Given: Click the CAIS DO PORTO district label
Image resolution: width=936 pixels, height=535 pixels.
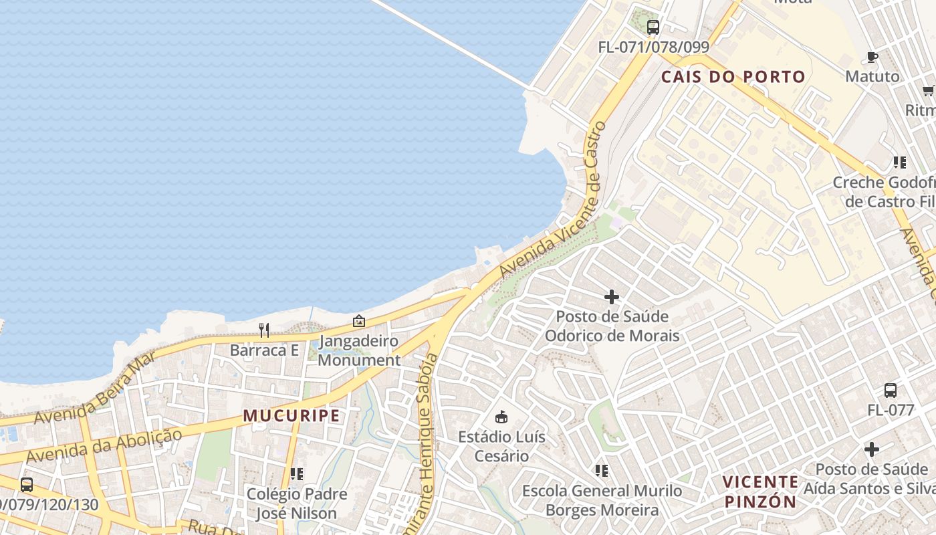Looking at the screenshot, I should [x=733, y=77].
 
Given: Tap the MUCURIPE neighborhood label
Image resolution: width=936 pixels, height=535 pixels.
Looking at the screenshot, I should [x=291, y=416].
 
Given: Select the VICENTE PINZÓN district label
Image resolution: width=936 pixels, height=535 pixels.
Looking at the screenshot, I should [x=760, y=492].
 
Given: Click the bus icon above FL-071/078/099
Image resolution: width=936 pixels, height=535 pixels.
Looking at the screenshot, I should [x=653, y=27].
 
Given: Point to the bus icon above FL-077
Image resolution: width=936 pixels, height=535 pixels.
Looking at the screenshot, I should [x=890, y=391].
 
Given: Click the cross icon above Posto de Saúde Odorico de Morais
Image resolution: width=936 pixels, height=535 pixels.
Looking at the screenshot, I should [x=611, y=296].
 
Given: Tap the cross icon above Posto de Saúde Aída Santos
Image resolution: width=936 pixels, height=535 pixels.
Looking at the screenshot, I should [x=871, y=449].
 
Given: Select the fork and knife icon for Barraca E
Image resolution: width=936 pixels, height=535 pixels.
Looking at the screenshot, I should [x=264, y=330].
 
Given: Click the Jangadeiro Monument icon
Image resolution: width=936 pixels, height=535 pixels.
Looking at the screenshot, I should [x=359, y=321].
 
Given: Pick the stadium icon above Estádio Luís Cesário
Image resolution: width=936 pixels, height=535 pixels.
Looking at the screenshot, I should [x=501, y=417].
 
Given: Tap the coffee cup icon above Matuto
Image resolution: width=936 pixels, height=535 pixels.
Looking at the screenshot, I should [x=872, y=57].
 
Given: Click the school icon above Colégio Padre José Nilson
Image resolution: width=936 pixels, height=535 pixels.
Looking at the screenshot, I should [x=297, y=474].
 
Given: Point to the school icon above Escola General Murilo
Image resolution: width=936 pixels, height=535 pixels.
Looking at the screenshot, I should [x=602, y=471].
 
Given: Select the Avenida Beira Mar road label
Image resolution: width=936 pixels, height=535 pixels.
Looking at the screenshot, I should [x=96, y=388].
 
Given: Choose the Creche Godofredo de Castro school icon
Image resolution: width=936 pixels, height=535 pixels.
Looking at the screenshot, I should [x=899, y=162].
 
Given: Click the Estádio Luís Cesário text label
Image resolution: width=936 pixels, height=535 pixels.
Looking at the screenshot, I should [x=501, y=447].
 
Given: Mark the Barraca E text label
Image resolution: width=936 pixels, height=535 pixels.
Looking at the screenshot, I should [x=264, y=350].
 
